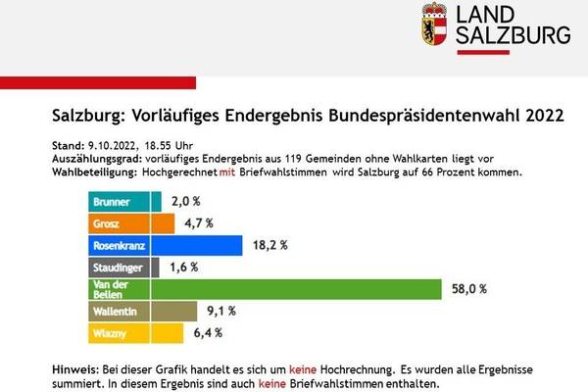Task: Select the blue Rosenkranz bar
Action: (x=167, y=245)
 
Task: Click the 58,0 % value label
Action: (x=470, y=289)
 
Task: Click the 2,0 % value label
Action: (x=186, y=202)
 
